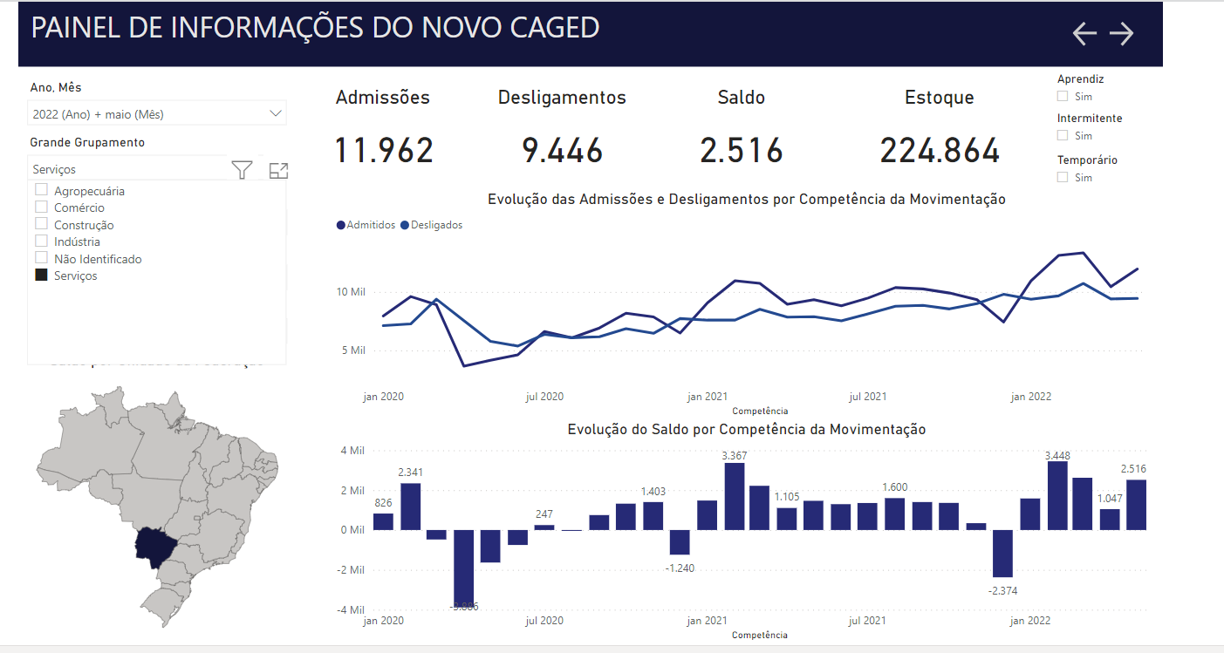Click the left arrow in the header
coord(1084,33)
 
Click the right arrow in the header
coord(1121,33)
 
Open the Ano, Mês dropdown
coord(276,113)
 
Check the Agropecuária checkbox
coord(41,190)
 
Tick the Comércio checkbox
coord(41,207)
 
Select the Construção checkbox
coord(41,225)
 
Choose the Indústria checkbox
coord(41,241)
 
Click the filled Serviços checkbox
coord(41,275)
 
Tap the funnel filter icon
coord(243,170)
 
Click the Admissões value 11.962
coord(384,151)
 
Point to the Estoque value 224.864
coord(939,151)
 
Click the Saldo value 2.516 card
coord(741,151)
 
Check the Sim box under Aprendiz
coord(1062,97)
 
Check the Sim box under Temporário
coord(1062,178)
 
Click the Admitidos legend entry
coord(366,225)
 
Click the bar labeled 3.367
coord(735,496)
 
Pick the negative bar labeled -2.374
coord(1003,553)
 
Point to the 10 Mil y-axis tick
coord(352,292)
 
